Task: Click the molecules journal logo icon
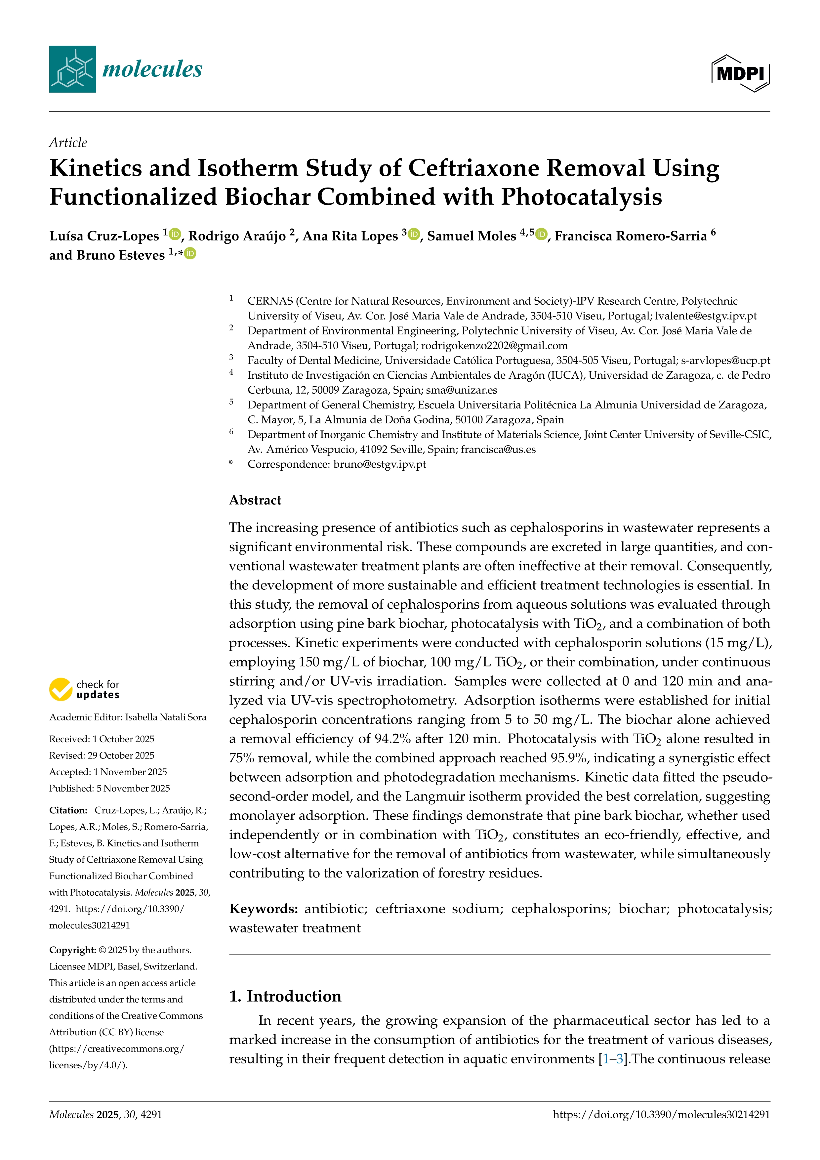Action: [x=72, y=69]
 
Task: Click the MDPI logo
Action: [x=740, y=73]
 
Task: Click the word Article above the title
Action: [x=68, y=143]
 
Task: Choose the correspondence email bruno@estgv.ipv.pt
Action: [x=380, y=464]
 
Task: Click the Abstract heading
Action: [x=255, y=500]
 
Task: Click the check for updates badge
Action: [x=84, y=690]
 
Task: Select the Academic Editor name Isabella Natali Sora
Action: [x=166, y=717]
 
